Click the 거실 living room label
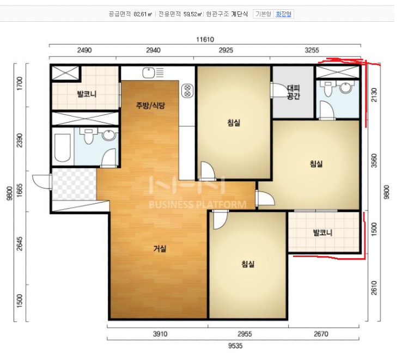(160, 248)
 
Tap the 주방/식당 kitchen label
(150, 106)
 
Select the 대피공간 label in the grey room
(293, 92)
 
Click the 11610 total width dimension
(205, 40)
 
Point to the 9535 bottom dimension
(235, 346)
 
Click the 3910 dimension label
(160, 334)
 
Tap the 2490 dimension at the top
(84, 50)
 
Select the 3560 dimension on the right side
(374, 161)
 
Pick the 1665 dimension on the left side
(20, 191)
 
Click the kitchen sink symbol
(149, 73)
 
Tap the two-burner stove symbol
(187, 91)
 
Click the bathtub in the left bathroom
(63, 148)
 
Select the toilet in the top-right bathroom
(328, 88)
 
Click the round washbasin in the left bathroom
(109, 135)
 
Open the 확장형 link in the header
(283, 14)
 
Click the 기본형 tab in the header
(263, 14)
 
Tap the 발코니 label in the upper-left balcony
(87, 94)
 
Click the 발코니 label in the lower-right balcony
(322, 233)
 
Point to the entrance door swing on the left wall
(41, 181)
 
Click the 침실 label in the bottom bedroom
(248, 264)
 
